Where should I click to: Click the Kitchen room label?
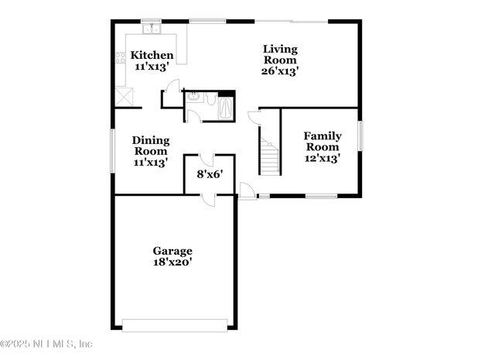(152, 55)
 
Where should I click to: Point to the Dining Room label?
(151, 146)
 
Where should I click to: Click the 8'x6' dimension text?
(210, 175)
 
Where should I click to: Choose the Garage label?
(172, 251)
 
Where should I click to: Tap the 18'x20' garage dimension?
(172, 262)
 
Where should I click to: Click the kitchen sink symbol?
(152, 30)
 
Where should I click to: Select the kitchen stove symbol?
(120, 57)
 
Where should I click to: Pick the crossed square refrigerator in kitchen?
(124, 97)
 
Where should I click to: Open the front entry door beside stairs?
(247, 190)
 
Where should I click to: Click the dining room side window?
(113, 149)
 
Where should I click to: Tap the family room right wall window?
(360, 136)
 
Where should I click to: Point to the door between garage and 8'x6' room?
(210, 199)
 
